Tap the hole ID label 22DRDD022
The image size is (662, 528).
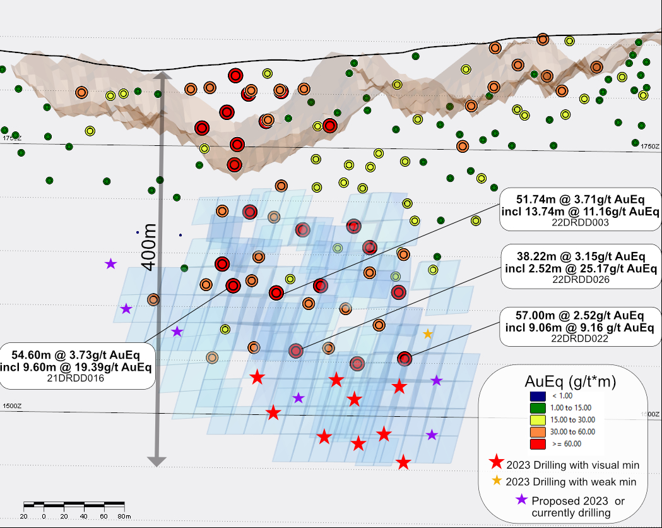tap(580, 339)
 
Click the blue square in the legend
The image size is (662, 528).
tap(535, 396)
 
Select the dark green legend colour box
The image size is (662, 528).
tap(535, 408)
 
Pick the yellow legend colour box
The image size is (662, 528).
tap(535, 420)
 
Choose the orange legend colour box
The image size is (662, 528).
tap(535, 432)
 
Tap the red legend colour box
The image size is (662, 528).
tap(535, 444)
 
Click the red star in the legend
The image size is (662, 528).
tap(497, 463)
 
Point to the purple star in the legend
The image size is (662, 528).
tap(521, 500)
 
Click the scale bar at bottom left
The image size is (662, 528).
tap(74, 505)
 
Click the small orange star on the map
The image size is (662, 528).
tap(428, 333)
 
